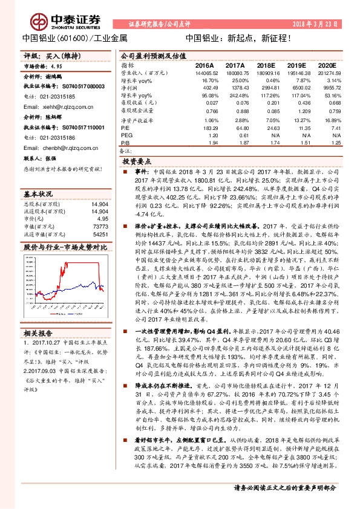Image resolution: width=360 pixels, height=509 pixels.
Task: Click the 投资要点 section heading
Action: [136, 162]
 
